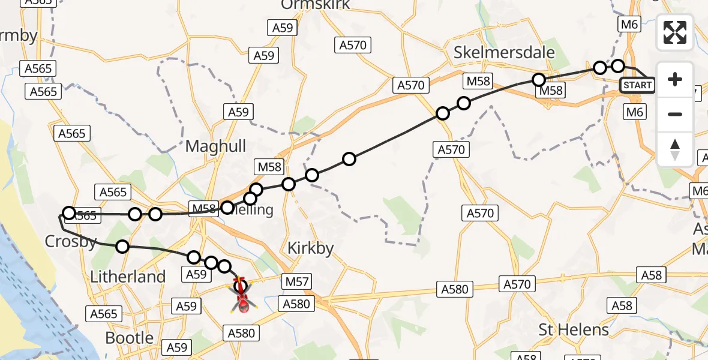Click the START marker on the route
(637, 85)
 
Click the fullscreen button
(675, 32)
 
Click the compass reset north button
(675, 149)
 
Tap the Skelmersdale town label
(504, 52)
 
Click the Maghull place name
(215, 146)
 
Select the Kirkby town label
(310, 248)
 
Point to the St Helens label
(574, 329)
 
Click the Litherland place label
(127, 277)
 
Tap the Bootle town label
(129, 337)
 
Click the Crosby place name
(71, 241)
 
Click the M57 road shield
(298, 281)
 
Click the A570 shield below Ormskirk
(353, 45)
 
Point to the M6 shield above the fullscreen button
(628, 24)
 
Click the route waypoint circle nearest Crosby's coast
(69, 213)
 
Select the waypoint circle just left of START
(618, 66)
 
